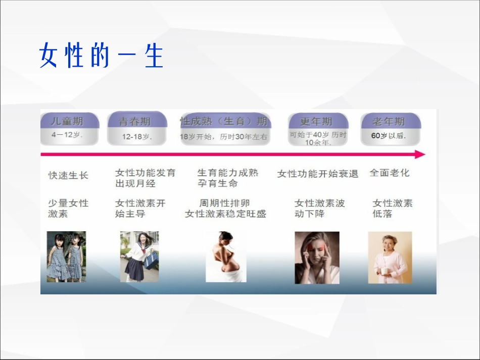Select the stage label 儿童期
click(x=67, y=121)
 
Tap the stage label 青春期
click(x=135, y=122)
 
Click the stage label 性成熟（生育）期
click(x=224, y=121)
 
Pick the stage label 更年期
click(x=316, y=122)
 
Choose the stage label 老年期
click(x=389, y=122)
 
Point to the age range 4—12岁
click(x=67, y=135)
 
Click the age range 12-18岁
click(x=136, y=136)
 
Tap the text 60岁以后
click(x=388, y=136)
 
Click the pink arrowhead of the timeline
click(x=419, y=155)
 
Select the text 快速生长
click(x=68, y=175)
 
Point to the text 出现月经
click(x=135, y=184)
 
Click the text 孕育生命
click(x=217, y=184)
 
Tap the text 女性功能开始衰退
click(x=318, y=174)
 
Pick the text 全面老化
click(x=390, y=173)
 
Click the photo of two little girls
click(x=66, y=256)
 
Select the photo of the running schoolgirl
click(x=139, y=256)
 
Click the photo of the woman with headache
click(x=317, y=258)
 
